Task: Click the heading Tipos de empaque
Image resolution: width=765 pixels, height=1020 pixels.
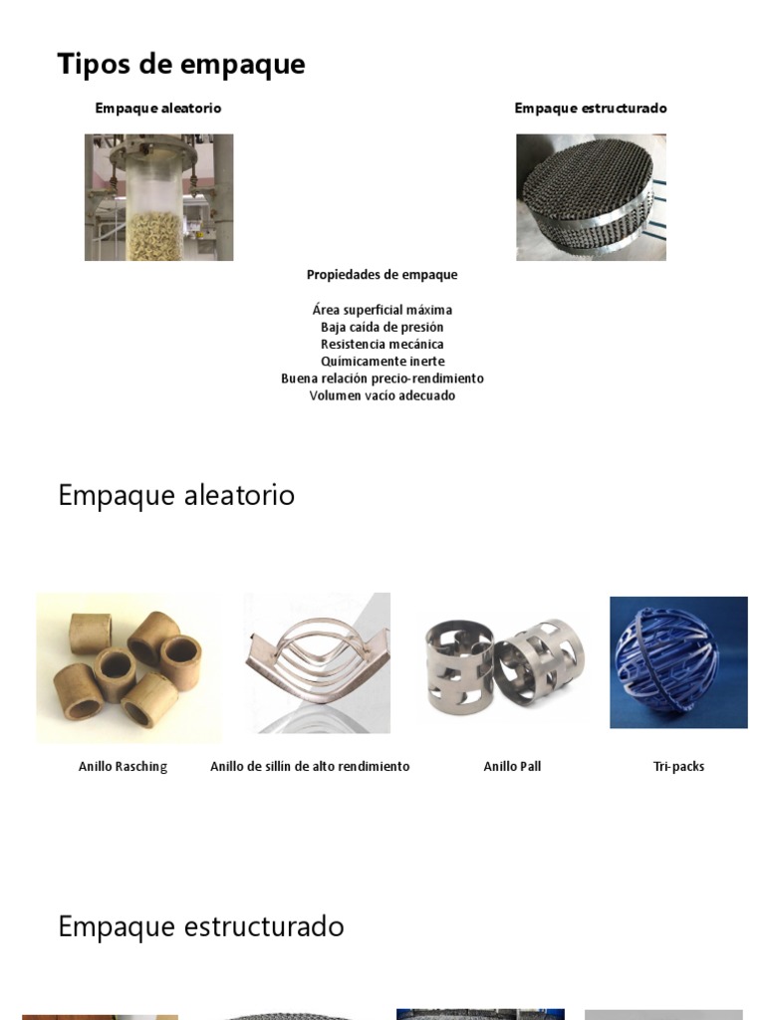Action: coord(181,65)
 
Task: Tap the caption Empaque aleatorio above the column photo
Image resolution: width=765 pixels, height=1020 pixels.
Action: coord(158,108)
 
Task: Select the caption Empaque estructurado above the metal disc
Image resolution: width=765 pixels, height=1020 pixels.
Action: coord(591,108)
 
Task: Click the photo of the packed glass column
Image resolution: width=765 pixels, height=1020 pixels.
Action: coord(158,197)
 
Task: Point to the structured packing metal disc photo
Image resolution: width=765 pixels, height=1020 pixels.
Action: coord(591,197)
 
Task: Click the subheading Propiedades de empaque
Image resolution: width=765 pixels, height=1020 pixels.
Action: coord(382,274)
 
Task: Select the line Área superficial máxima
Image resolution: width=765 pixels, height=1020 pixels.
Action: coord(382,310)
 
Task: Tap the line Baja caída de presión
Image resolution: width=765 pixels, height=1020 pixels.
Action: coord(382,327)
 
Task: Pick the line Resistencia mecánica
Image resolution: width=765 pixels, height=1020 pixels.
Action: coord(382,344)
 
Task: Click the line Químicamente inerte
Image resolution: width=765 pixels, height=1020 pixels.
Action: coord(382,361)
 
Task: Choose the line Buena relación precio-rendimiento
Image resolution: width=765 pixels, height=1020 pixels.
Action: coord(382,379)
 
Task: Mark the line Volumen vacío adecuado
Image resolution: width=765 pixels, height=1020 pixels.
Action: coord(382,395)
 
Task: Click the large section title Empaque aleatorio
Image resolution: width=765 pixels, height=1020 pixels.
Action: coord(176,495)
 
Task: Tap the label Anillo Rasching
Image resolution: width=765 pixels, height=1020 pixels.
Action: coord(123,767)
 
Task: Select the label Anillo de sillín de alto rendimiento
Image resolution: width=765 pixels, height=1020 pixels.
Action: coord(310,767)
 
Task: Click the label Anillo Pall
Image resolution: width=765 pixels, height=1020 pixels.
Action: coord(512,767)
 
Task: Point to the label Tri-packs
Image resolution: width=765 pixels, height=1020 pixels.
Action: coord(678,767)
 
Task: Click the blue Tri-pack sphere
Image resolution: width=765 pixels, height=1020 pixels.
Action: coord(678,661)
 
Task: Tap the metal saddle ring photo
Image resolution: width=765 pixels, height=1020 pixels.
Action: coord(317,663)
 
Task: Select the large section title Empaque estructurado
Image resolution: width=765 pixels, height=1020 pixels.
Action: coord(201,926)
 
